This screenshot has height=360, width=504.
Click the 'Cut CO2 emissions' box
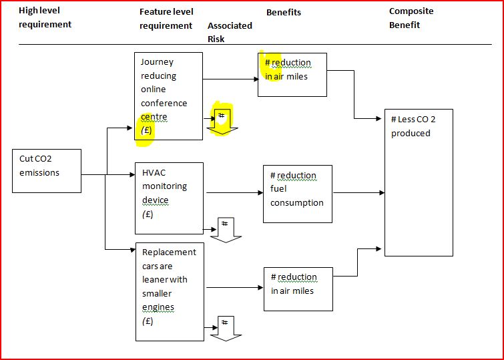tap(47, 170)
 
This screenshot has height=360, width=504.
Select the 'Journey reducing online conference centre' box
tap(168, 96)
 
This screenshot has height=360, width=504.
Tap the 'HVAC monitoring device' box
tap(168, 198)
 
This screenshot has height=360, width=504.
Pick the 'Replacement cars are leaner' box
tap(170, 291)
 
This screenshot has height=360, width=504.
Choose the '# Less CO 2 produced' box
tap(419, 182)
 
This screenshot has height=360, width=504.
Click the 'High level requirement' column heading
tap(45, 18)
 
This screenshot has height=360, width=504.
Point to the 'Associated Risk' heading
tap(230, 32)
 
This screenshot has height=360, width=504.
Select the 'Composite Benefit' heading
tap(411, 18)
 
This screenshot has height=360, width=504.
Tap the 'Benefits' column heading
tap(284, 12)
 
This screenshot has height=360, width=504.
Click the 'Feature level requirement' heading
tap(166, 19)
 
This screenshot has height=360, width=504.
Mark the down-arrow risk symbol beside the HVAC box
tap(224, 228)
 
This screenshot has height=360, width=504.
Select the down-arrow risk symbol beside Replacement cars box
tap(226, 327)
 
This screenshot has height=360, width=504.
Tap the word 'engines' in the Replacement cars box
tap(158, 307)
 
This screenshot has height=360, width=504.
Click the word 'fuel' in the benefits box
tap(278, 189)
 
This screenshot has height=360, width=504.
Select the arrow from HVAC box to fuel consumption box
tap(234, 193)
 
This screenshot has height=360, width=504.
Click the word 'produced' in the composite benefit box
tap(411, 133)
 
